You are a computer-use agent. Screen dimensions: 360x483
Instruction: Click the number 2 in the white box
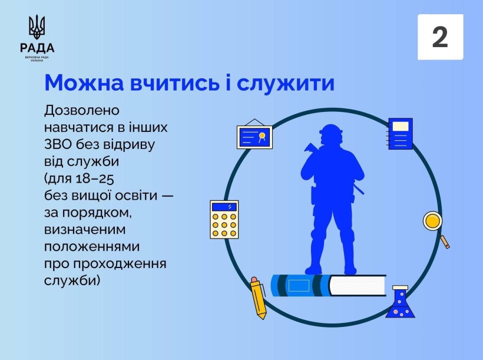click(x=440, y=37)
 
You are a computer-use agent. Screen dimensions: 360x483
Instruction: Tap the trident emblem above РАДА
click(x=37, y=28)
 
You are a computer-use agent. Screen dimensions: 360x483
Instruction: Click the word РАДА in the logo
click(x=37, y=48)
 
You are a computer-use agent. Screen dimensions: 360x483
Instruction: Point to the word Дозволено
click(x=82, y=110)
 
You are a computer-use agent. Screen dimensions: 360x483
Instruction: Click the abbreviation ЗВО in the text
click(x=58, y=144)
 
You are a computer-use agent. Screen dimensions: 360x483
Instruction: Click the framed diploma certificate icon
click(x=254, y=137)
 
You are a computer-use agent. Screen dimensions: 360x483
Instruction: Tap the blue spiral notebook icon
click(x=401, y=134)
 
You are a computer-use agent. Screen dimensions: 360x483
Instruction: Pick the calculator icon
click(x=224, y=219)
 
